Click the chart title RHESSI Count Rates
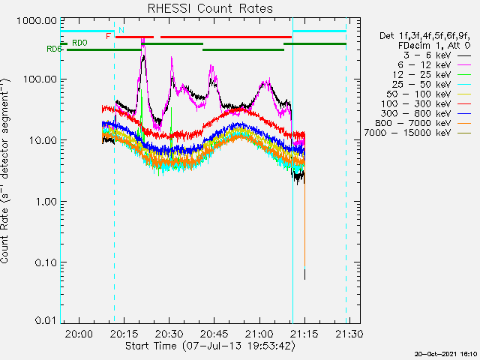pos(210,8)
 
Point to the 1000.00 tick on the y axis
pos(37,21)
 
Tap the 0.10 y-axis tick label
pos(46,262)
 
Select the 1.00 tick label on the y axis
pos(46,202)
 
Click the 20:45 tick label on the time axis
pos(214,333)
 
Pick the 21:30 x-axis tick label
pos(349,333)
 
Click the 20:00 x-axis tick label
pos(79,333)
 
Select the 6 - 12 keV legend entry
pos(434,65)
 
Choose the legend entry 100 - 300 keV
pos(426,103)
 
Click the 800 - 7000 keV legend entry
pos(423,123)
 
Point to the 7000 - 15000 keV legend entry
pos(418,133)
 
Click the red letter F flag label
pos(108,37)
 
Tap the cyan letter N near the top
pos(121,30)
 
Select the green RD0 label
pos(79,43)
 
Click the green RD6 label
pos(54,49)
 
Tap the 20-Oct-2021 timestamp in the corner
pos(445,354)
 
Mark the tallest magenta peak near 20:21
pos(142,39)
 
